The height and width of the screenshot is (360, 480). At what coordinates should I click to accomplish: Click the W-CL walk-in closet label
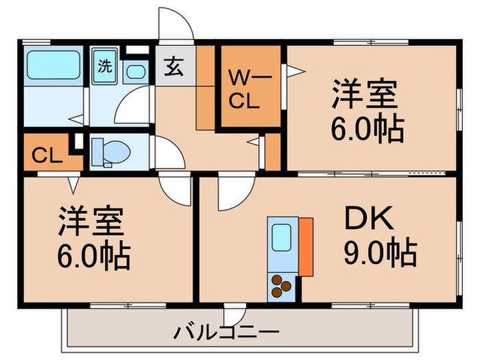pos(250,88)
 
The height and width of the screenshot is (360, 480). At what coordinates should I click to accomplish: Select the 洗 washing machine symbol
pos(105,67)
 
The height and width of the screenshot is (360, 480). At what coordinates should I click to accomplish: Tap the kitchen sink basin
pos(281,238)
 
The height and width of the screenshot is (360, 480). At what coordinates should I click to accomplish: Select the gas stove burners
pos(282,286)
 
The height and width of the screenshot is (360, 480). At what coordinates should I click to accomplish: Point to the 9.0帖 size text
pos(380,254)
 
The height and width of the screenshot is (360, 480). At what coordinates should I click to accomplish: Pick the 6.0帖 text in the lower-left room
pos(93,257)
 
